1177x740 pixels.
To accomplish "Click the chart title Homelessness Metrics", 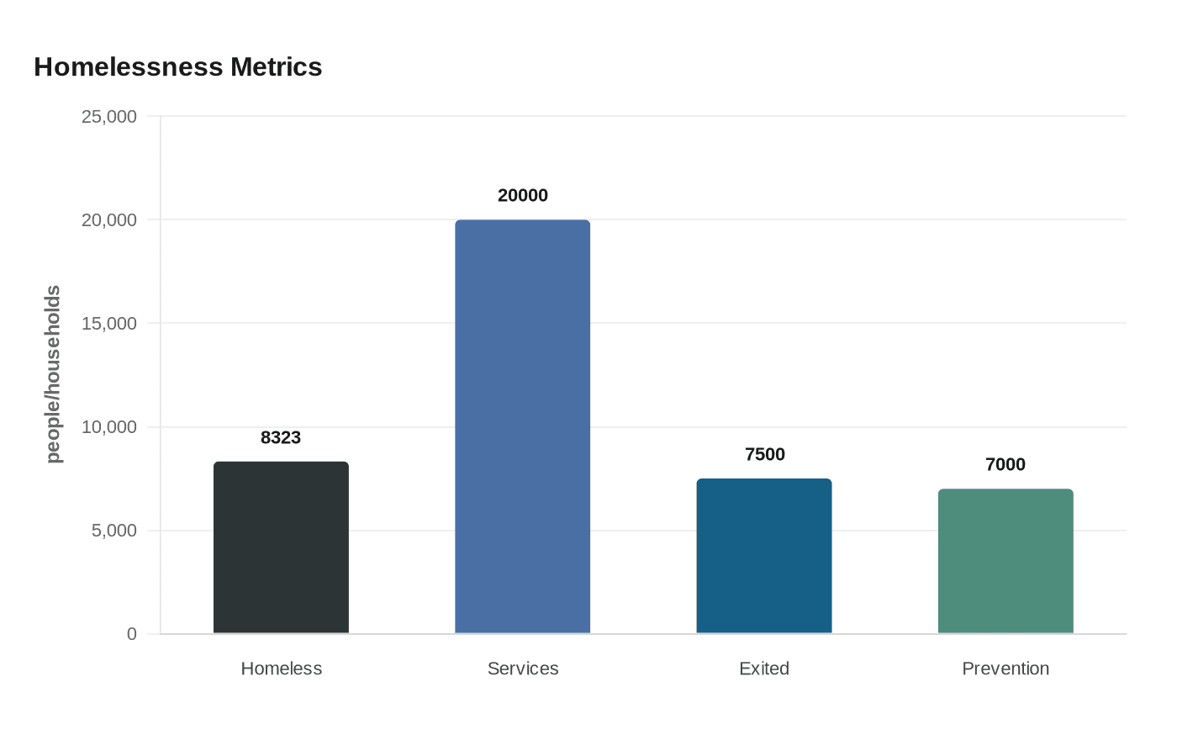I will tap(177, 66).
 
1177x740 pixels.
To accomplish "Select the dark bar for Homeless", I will tap(281, 547).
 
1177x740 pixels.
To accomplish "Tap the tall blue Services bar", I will tap(522, 426).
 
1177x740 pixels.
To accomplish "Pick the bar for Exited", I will tap(763, 556).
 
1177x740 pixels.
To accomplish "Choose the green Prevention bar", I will tap(1005, 561).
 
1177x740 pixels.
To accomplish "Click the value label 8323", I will tap(281, 437).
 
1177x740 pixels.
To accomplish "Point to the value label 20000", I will tap(522, 195).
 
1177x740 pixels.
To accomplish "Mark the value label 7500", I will tap(764, 454).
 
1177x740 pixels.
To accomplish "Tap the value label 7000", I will tap(1005, 464).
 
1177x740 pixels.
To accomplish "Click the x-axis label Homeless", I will tap(281, 669).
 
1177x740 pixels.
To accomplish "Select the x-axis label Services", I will tap(522, 669).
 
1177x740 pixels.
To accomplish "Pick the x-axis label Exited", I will tap(763, 669).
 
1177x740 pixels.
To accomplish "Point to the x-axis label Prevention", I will tap(1005, 669).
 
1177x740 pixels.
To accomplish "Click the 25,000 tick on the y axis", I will tap(108, 117).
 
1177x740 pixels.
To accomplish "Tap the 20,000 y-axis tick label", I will tap(108, 220).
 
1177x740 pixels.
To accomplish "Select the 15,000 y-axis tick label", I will tap(108, 324).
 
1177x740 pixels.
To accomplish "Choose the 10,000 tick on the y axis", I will tap(108, 427).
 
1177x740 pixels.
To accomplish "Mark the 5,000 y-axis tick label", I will tap(113, 531).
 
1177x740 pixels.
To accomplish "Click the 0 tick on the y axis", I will tap(131, 634).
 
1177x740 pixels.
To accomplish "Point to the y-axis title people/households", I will tap(53, 374).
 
